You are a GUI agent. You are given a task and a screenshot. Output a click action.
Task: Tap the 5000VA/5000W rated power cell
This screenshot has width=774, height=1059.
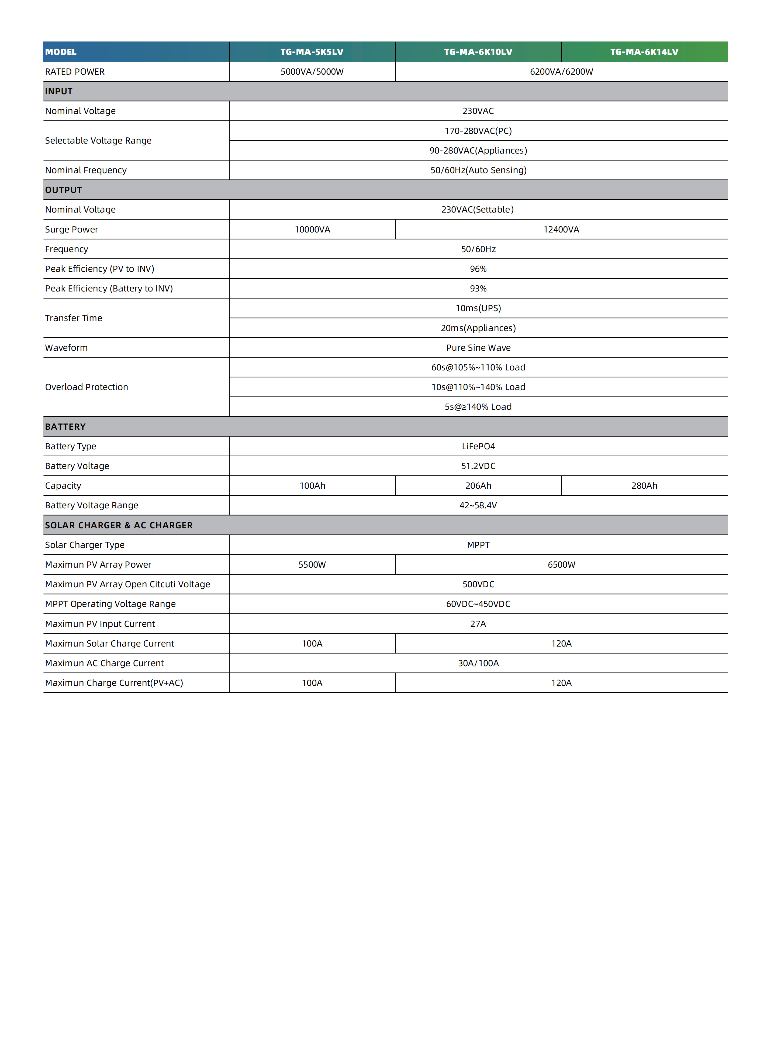click(312, 72)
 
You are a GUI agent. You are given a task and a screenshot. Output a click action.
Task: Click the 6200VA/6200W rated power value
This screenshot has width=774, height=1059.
click(561, 72)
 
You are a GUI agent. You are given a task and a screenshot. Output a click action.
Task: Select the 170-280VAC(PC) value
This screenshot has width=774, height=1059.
click(478, 131)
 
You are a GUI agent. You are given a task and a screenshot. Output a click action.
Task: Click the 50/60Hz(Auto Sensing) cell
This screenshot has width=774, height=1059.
click(478, 170)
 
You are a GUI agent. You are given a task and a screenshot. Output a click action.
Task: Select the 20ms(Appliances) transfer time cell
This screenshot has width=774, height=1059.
click(478, 328)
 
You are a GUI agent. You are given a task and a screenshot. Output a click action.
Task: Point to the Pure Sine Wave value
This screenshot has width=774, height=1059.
click(478, 348)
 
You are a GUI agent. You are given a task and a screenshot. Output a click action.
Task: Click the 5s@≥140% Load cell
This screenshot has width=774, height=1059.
click(478, 407)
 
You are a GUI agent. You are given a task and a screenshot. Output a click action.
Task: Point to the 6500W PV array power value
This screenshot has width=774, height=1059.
click(561, 564)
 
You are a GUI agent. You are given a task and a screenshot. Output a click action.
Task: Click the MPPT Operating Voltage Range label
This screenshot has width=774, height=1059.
click(110, 604)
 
